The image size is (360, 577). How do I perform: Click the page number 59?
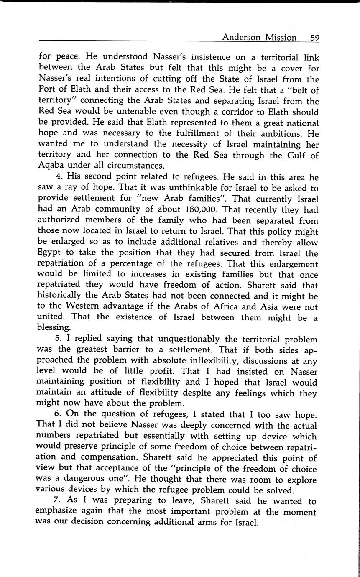point(315,38)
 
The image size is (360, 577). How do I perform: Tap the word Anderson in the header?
point(242,38)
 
